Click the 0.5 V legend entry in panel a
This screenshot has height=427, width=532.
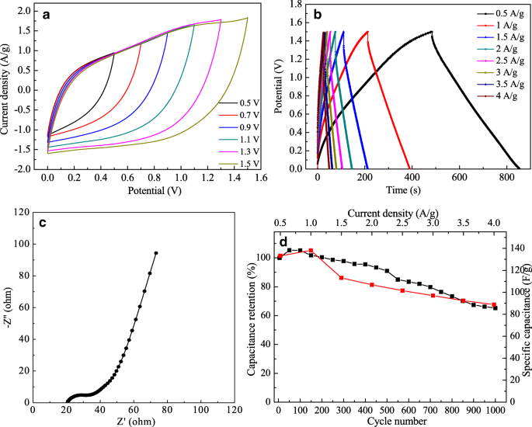(239, 102)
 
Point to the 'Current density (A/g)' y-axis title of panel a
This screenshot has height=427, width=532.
(7, 85)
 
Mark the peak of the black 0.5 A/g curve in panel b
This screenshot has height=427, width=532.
(431, 32)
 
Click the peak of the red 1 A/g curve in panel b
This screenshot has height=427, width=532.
(367, 32)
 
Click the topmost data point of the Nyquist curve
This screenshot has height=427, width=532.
(156, 253)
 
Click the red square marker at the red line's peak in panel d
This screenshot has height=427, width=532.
(311, 251)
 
